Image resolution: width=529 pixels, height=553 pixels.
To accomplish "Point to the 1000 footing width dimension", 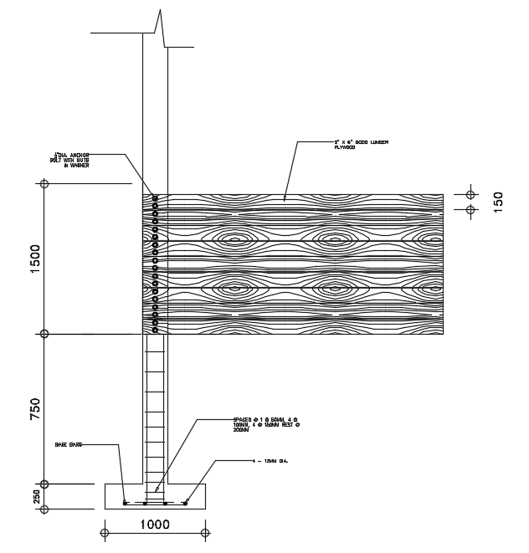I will point(155,525).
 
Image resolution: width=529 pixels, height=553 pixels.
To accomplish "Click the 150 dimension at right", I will point(498,202).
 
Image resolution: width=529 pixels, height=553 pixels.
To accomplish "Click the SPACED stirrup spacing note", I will point(266,423).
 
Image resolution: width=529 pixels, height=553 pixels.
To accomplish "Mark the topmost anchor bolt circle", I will point(156,198).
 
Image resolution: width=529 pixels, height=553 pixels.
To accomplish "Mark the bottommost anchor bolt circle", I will point(156,328).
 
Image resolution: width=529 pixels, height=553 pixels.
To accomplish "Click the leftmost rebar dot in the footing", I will point(126,503).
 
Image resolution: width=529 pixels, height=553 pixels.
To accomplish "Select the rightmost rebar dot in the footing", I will point(185,503).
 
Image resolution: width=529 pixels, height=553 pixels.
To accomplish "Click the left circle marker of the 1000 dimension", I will point(104,531).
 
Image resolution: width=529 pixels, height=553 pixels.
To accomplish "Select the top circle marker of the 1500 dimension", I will point(44,183).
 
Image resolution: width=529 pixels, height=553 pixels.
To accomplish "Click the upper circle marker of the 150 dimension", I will point(470,194).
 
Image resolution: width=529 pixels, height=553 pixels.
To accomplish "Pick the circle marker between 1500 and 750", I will point(44,334).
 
